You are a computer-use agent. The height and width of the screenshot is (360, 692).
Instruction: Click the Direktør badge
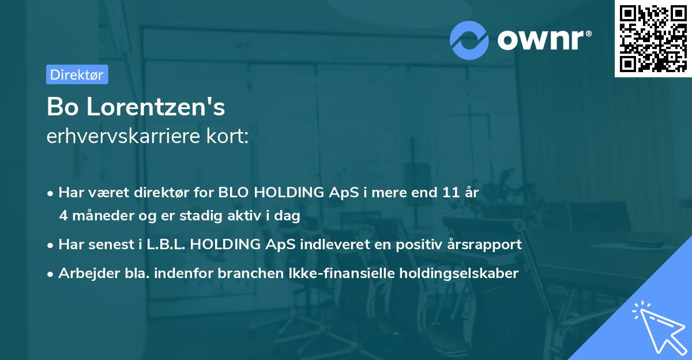[x=77, y=74]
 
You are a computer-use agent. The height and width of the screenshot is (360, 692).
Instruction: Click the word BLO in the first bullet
[x=236, y=193]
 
